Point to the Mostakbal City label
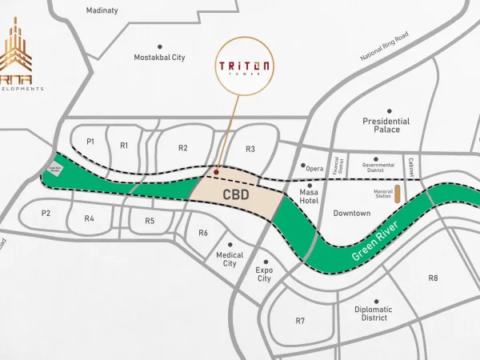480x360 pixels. (160, 58)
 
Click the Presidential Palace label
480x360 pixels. (386, 125)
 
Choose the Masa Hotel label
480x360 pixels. (309, 197)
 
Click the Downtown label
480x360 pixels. (352, 214)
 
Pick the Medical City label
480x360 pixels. (230, 259)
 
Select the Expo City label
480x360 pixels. (264, 274)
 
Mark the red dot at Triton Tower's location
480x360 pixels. (216, 171)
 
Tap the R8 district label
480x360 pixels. (433, 278)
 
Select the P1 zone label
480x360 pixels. (90, 142)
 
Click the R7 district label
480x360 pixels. (300, 321)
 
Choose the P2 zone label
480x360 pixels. (46, 213)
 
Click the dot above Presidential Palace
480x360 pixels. (390, 111)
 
